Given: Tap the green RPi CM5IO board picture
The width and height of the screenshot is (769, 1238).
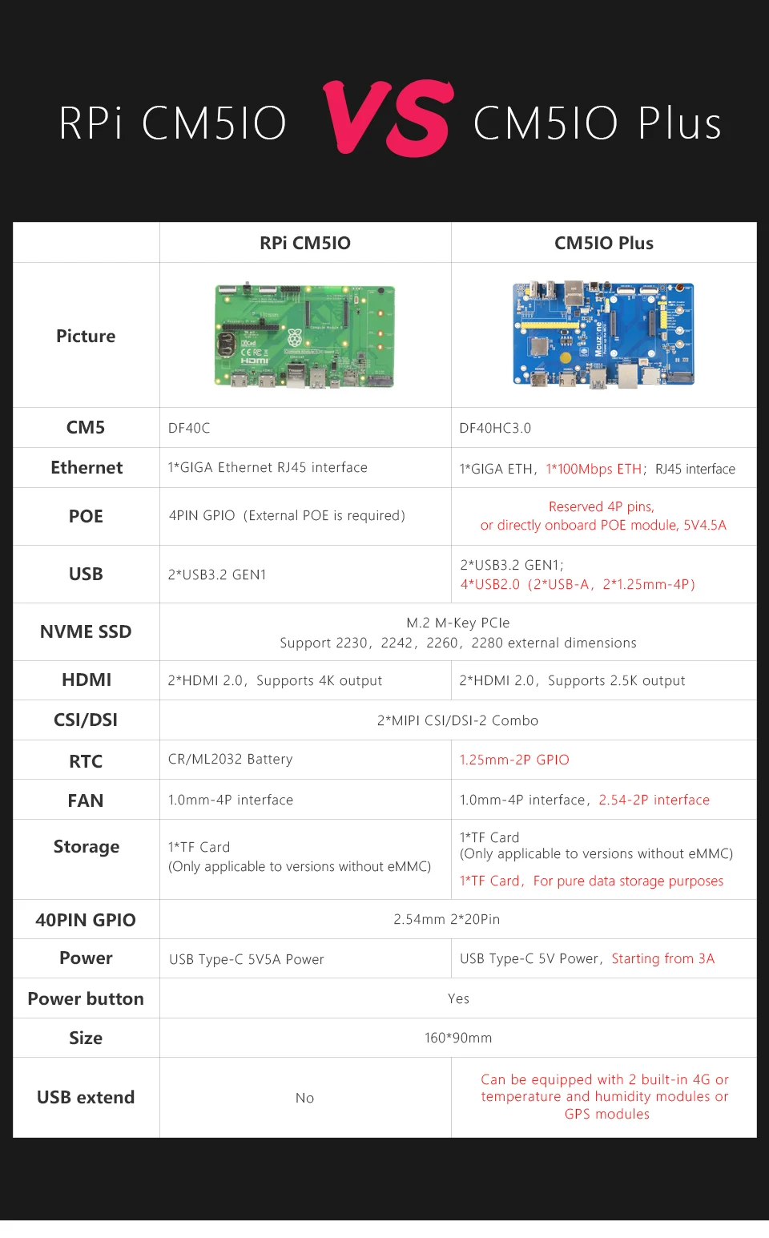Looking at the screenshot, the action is click(304, 336).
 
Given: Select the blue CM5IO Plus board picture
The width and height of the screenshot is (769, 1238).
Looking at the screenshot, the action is click(603, 334).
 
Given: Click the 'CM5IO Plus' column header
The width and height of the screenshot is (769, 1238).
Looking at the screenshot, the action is click(603, 243).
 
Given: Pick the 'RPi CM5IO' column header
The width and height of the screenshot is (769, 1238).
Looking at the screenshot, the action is click(304, 243).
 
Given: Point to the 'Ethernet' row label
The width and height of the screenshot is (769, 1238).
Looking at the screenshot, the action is click(87, 468).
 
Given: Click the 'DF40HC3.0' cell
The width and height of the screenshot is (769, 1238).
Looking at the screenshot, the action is click(495, 428).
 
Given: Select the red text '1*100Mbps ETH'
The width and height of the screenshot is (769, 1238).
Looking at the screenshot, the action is click(594, 469).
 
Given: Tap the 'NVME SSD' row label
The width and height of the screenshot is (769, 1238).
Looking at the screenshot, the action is click(86, 631).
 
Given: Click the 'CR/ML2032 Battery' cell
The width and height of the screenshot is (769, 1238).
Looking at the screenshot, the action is click(230, 759).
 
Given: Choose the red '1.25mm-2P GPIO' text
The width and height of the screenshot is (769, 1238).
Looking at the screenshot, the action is click(514, 760).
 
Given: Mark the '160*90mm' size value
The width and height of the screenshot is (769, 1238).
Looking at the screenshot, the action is click(458, 1038).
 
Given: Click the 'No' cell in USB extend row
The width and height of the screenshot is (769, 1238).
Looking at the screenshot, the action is click(304, 1098).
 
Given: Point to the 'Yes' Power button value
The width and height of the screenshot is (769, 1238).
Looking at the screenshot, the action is click(458, 998).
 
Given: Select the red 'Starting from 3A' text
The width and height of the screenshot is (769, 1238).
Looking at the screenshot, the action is click(662, 958).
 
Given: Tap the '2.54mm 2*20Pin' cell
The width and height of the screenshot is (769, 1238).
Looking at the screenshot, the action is click(446, 919).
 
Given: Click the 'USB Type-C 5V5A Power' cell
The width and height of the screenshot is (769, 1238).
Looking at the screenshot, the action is click(247, 959).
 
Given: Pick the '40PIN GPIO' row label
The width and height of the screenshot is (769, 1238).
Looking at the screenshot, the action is click(86, 920).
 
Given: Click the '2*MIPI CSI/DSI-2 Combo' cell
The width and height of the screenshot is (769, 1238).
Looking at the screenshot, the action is click(457, 720).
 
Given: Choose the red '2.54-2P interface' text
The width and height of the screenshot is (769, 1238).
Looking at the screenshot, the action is click(654, 800).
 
